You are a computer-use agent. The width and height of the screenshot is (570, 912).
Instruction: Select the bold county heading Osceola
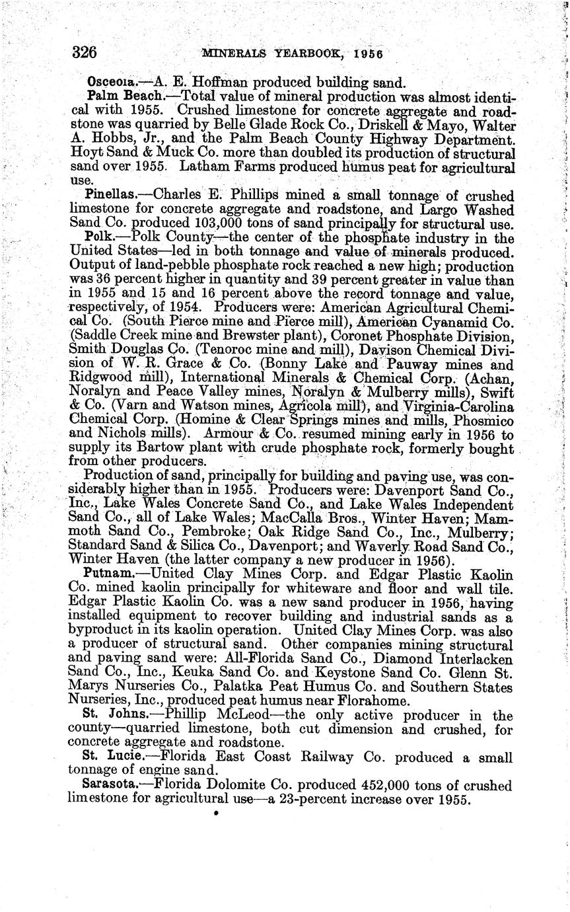(x=111, y=83)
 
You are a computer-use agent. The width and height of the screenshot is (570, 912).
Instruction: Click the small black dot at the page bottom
(x=216, y=815)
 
